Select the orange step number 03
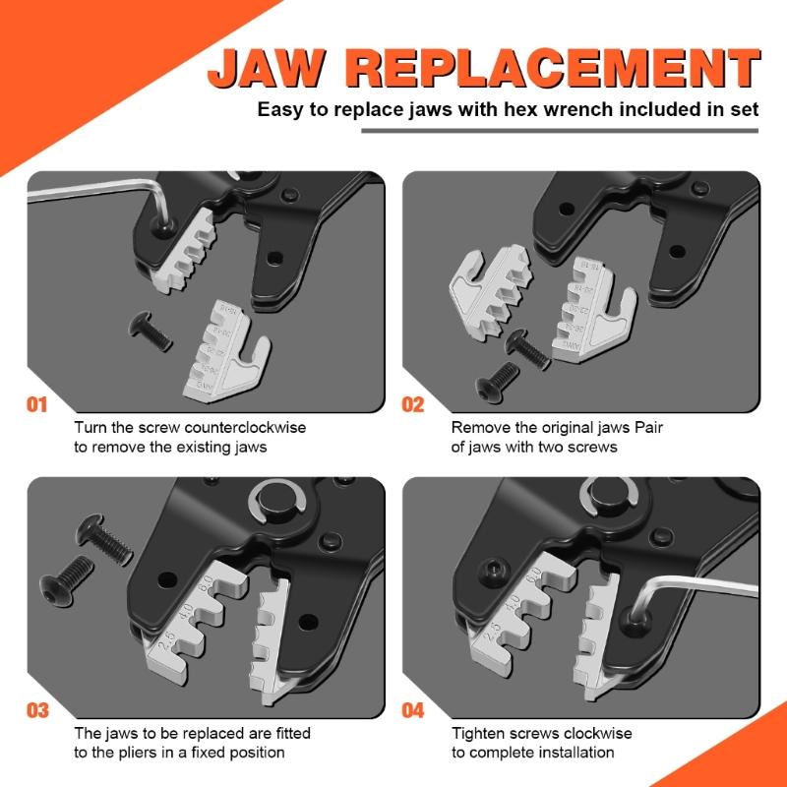tap(36, 710)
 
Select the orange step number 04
tap(413, 710)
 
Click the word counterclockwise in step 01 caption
tap(250, 428)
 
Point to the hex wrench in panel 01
tap(89, 194)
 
